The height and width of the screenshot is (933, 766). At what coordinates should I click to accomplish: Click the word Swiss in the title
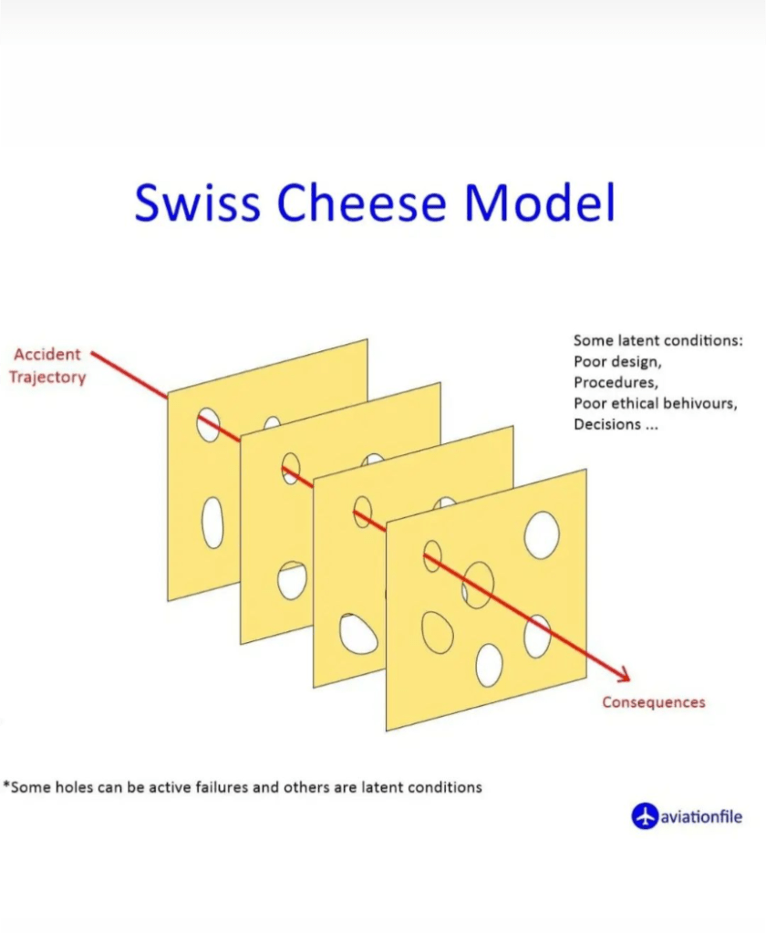[x=198, y=202]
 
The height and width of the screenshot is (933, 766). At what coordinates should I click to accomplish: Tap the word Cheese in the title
[x=362, y=202]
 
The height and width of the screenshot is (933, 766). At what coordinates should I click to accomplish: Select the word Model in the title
[x=540, y=202]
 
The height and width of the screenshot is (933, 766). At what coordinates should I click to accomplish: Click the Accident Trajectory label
[x=47, y=366]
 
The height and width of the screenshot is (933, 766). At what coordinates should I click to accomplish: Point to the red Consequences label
[x=654, y=702]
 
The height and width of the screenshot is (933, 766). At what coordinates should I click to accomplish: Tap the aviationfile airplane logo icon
[x=645, y=815]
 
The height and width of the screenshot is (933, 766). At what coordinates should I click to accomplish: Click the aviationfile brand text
[x=701, y=816]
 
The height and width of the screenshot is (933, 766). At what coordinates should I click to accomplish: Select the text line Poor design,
[x=617, y=362]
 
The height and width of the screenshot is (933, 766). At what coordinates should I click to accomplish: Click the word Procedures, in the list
[x=616, y=383]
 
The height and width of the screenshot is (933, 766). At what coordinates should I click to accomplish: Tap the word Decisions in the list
[x=607, y=424]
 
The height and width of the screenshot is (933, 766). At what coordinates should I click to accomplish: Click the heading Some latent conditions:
[x=657, y=340]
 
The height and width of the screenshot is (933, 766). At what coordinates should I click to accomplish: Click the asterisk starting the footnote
[x=6, y=785]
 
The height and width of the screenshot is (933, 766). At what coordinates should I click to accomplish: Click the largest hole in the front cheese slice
[x=541, y=535]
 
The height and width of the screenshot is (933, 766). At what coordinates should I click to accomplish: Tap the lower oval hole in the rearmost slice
[x=212, y=523]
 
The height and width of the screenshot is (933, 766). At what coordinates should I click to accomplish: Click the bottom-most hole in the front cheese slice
[x=489, y=665]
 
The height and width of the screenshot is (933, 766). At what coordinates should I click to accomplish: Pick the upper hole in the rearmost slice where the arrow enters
[x=208, y=424]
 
